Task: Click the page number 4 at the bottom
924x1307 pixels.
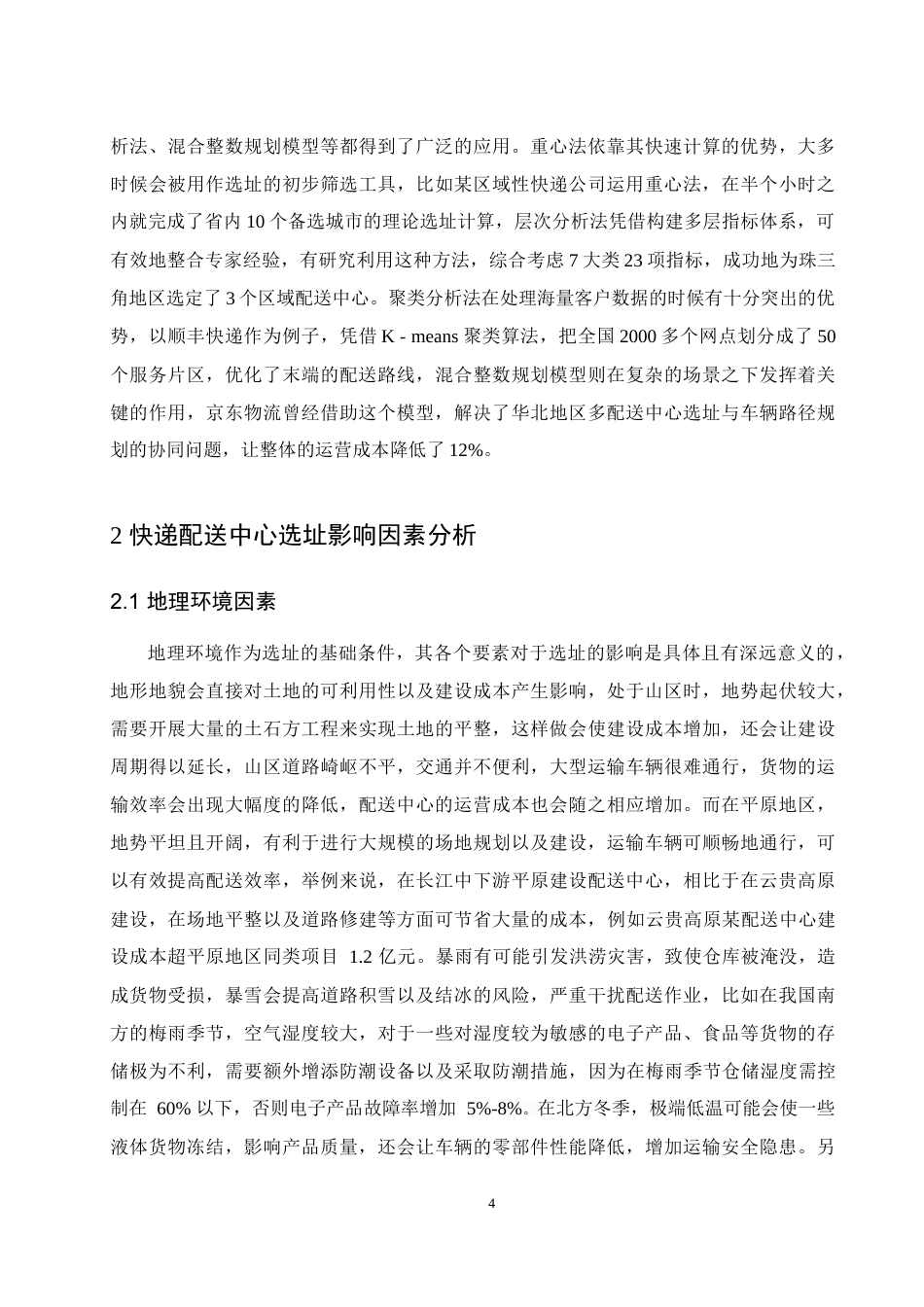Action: pyautogui.click(x=491, y=1204)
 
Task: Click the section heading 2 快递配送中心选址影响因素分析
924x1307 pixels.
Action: pyautogui.click(x=294, y=535)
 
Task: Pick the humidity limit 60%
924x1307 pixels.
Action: pyautogui.click(x=172, y=1108)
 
